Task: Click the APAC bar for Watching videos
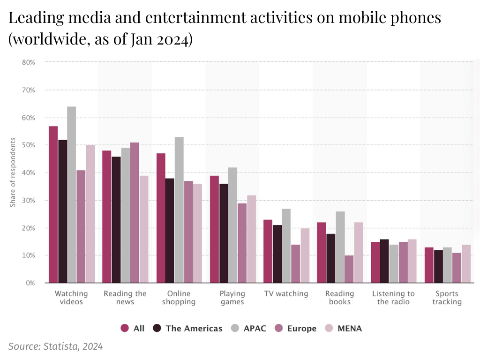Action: pos(71,195)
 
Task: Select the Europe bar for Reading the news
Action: pos(135,213)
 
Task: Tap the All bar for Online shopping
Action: pos(161,218)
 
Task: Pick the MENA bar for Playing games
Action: pos(251,239)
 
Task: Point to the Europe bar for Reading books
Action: pos(349,269)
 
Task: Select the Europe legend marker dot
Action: pos(278,329)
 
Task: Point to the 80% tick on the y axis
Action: pos(29,62)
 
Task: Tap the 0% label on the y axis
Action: pos(30,283)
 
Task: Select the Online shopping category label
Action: pos(179,298)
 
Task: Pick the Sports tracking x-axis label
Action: pos(447,298)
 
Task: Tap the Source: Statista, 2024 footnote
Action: pos(55,347)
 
